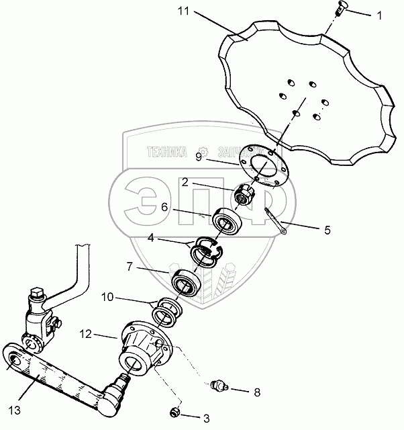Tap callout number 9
(198, 157)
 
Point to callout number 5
(327, 230)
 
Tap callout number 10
(107, 296)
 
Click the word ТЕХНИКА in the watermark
(158, 153)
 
